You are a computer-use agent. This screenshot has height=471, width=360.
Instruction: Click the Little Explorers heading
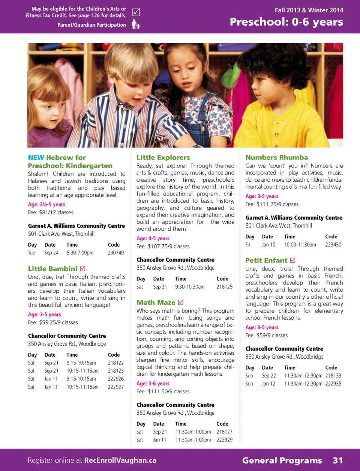click(x=163, y=158)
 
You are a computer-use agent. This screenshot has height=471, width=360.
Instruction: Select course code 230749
click(x=115, y=253)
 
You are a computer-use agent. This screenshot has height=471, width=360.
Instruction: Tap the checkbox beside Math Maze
click(x=180, y=302)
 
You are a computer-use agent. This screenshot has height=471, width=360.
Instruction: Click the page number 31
click(x=337, y=460)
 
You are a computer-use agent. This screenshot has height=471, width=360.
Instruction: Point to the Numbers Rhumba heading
click(x=276, y=158)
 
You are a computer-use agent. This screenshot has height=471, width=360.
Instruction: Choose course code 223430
click(x=333, y=245)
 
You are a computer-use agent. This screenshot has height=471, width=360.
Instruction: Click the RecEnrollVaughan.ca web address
click(x=120, y=460)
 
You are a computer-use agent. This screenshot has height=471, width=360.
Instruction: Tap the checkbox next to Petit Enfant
click(x=293, y=260)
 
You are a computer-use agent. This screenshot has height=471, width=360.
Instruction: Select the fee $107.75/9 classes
click(x=163, y=247)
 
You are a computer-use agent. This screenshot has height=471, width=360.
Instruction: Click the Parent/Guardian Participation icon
click(x=135, y=25)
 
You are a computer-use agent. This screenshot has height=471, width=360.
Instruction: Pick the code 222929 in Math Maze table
click(x=224, y=440)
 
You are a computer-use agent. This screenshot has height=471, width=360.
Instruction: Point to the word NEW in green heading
click(x=36, y=158)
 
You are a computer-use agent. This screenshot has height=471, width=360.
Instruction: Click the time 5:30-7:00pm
click(x=80, y=253)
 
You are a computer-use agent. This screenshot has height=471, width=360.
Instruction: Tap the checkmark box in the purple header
click(x=136, y=12)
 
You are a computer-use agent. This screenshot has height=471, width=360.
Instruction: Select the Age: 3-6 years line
click(x=153, y=384)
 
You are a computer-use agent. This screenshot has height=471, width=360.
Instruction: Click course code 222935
click(x=333, y=384)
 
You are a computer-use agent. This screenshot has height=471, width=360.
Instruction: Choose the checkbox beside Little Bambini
click(x=83, y=268)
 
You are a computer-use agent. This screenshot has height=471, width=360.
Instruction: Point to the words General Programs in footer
click(x=282, y=460)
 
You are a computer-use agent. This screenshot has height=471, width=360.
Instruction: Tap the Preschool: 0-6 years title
click(x=286, y=22)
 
